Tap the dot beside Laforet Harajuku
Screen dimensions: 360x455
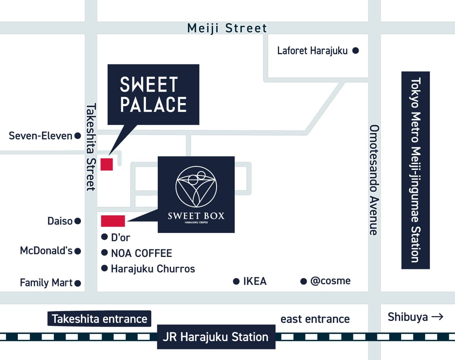[x=356, y=50]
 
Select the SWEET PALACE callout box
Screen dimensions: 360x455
[x=153, y=94]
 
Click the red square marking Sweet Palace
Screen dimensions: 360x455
[x=107, y=164]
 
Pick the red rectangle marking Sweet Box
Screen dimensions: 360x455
[x=113, y=221]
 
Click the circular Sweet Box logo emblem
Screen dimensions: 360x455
[x=196, y=186]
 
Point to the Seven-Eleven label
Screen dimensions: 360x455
[x=41, y=136]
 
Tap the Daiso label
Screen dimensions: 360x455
[x=60, y=221]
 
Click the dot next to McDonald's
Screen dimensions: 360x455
[x=78, y=251]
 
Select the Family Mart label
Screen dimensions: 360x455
[x=46, y=283]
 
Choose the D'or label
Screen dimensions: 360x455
[x=121, y=238]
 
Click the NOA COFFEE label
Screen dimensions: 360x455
[x=141, y=253]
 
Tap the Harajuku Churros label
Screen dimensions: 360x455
[x=153, y=269]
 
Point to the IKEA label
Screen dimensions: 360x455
[x=255, y=281]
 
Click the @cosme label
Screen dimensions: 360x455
[x=330, y=281]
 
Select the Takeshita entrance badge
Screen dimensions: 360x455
[x=99, y=319]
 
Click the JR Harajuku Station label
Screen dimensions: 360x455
[x=216, y=337]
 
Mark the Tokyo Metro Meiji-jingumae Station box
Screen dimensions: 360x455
[x=416, y=170]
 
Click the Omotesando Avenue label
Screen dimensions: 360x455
[x=374, y=180]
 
